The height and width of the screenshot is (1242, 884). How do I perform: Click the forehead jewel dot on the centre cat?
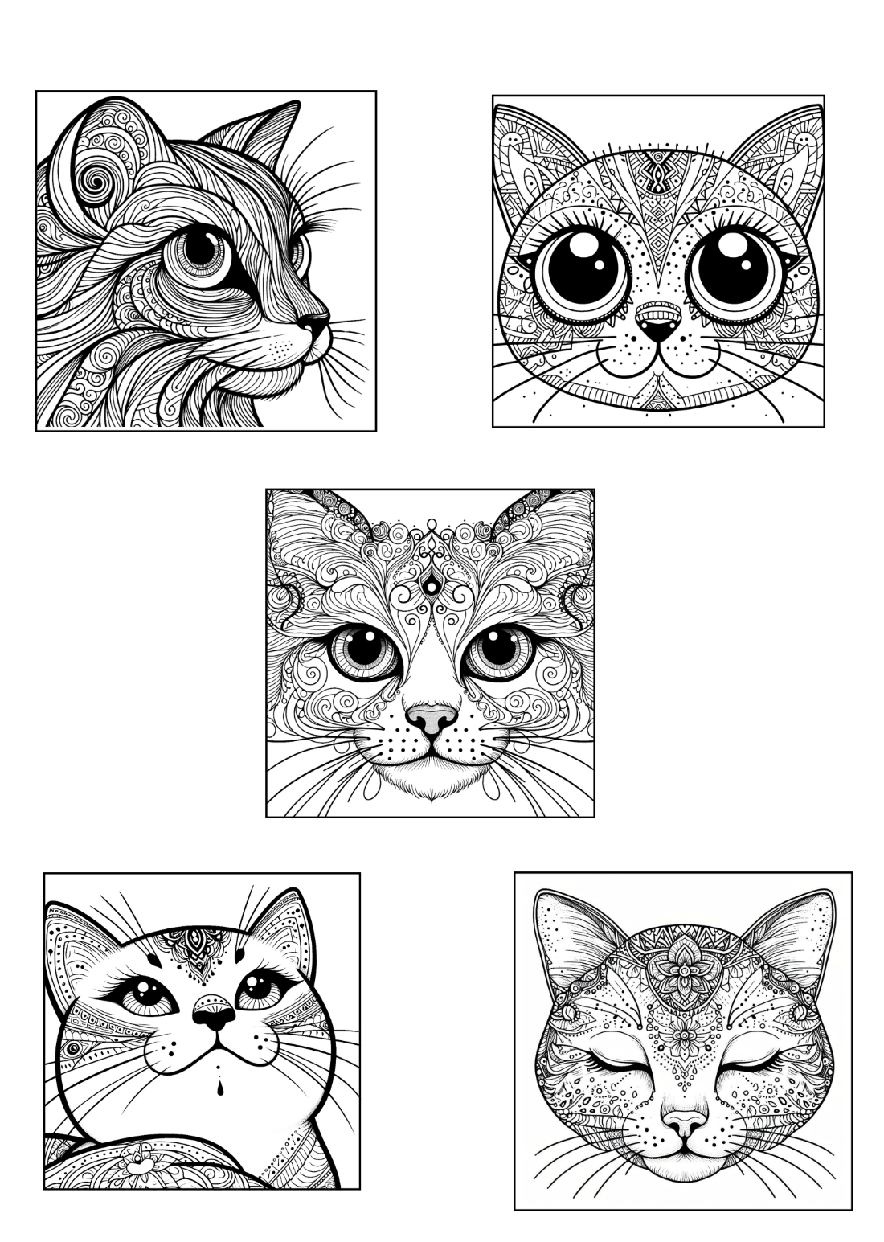point(432,584)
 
